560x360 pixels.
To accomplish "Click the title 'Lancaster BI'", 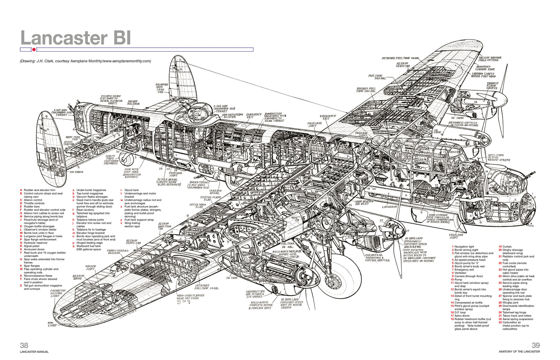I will [x=76, y=38].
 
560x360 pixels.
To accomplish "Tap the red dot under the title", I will [x=34, y=49].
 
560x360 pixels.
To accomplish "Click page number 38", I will [x=24, y=345].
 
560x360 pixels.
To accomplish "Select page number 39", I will [x=535, y=345].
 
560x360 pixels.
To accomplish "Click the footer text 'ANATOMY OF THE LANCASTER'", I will [x=519, y=352].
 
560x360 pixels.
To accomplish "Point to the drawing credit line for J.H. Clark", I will [x=85, y=61].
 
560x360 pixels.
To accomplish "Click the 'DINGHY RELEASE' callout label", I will [x=133, y=102].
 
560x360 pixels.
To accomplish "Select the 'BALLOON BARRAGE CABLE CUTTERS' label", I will [x=490, y=59].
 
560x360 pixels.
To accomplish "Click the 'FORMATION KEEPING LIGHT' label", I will [x=57, y=293].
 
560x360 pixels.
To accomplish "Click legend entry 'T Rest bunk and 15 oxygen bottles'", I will [x=44, y=253].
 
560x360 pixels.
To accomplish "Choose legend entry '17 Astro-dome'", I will [x=462, y=316].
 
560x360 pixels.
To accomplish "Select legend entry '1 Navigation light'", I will [x=464, y=246].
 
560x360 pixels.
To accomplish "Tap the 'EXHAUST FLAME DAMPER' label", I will [x=492, y=86].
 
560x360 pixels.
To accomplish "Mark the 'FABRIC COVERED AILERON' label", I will [x=118, y=252].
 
